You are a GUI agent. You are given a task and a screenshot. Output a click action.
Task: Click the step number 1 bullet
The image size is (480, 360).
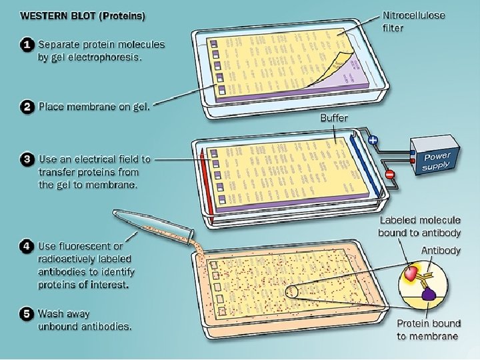pyautogui.click(x=27, y=45)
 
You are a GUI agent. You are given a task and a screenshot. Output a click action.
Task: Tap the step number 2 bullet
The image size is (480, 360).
pyautogui.click(x=27, y=106)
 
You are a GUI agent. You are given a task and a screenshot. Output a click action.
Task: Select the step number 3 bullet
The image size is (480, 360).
pyautogui.click(x=27, y=159)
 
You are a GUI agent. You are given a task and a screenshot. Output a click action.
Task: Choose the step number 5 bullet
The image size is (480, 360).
pyautogui.click(x=27, y=313)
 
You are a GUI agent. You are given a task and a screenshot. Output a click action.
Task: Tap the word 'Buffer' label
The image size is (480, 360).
pyautogui.click(x=334, y=118)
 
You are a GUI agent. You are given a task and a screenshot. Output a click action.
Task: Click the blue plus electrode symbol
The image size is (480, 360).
pyautogui.click(x=373, y=141)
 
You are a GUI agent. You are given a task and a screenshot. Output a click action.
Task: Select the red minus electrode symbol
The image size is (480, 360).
pyautogui.click(x=389, y=175)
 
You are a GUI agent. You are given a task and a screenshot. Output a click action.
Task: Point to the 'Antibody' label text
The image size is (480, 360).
pyautogui.click(x=440, y=251)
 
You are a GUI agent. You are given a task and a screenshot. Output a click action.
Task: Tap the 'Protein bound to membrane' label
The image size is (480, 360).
pyautogui.click(x=427, y=329)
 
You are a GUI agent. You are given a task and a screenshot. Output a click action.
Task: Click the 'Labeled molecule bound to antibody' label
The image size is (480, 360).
pyautogui.click(x=419, y=226)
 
